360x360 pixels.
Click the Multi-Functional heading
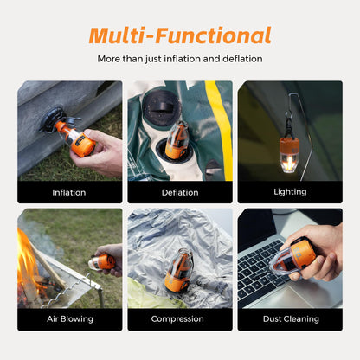click(x=180, y=35)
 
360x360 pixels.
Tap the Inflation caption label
click(x=69, y=192)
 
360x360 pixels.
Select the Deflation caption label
click(x=180, y=192)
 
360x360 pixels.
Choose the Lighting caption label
click(x=290, y=192)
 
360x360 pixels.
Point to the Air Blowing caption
click(x=69, y=318)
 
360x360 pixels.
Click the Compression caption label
click(x=180, y=318)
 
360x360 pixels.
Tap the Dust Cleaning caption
click(x=290, y=318)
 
